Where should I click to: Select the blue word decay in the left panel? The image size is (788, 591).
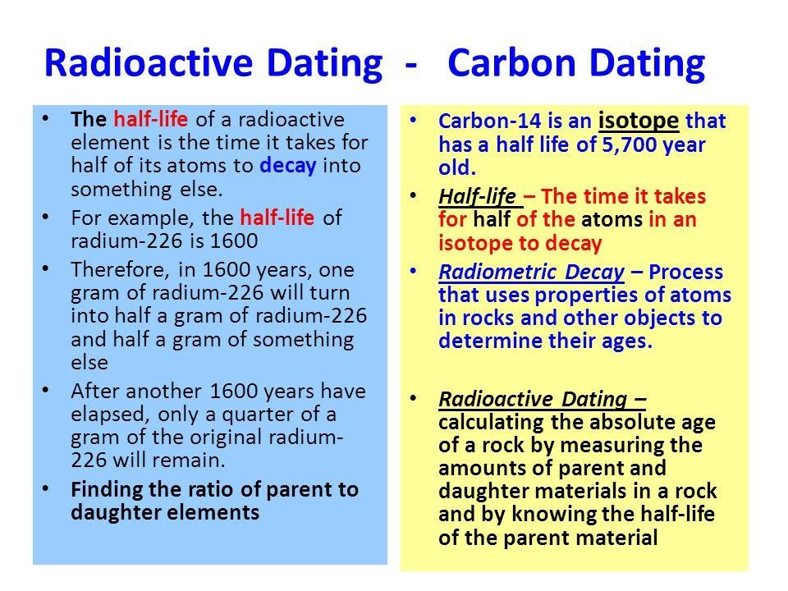coord(289,160)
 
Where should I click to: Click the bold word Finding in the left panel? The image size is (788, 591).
coord(103,492)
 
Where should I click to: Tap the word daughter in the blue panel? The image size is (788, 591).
coord(108,511)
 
